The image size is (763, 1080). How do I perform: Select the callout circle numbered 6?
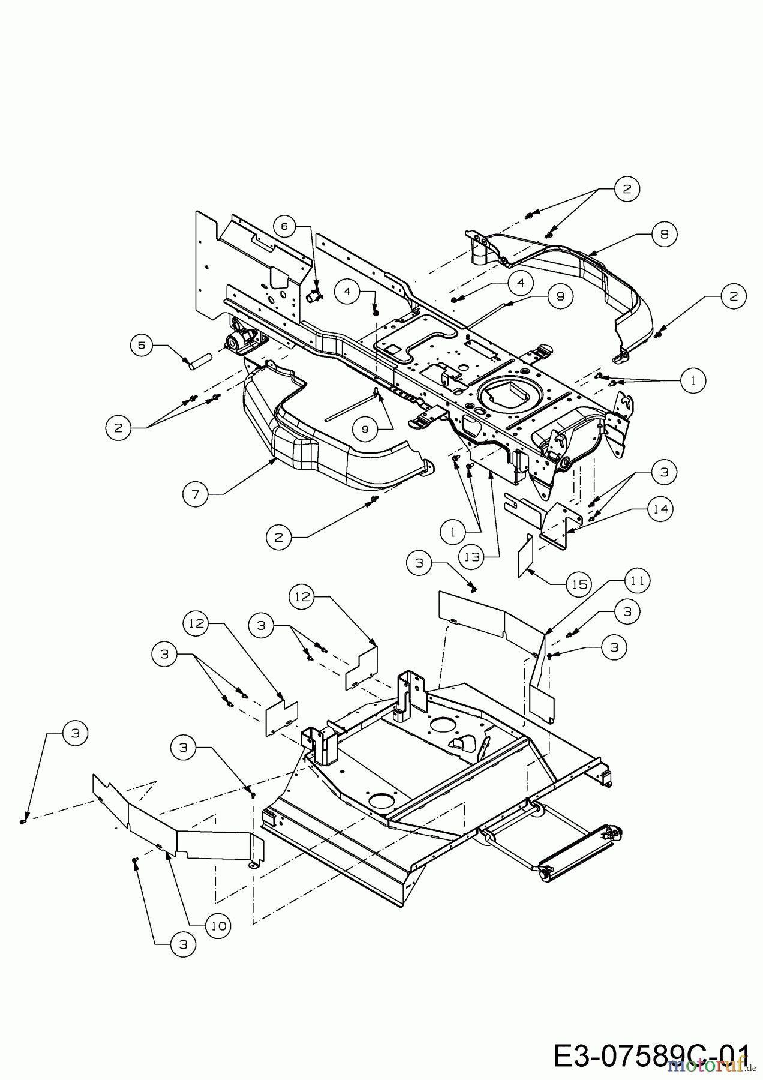pyautogui.click(x=285, y=226)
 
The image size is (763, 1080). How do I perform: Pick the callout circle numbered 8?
pyautogui.click(x=664, y=235)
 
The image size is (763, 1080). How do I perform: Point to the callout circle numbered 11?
pyautogui.click(x=638, y=581)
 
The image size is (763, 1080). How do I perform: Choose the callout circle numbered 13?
pyautogui.click(x=473, y=557)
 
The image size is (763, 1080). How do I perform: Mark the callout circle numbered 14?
pyautogui.click(x=660, y=509)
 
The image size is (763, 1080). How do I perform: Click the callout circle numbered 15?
pyautogui.click(x=580, y=584)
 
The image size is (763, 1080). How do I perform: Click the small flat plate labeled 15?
pyautogui.click(x=525, y=555)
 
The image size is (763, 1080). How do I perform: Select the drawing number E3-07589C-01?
pyautogui.click(x=651, y=1056)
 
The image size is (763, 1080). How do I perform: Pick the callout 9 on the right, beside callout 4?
pyautogui.click(x=560, y=296)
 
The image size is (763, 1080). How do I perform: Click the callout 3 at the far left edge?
pyautogui.click(x=74, y=733)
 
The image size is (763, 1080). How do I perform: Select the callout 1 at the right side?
pyautogui.click(x=693, y=380)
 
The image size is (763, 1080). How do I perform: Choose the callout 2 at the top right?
pyautogui.click(x=627, y=189)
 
